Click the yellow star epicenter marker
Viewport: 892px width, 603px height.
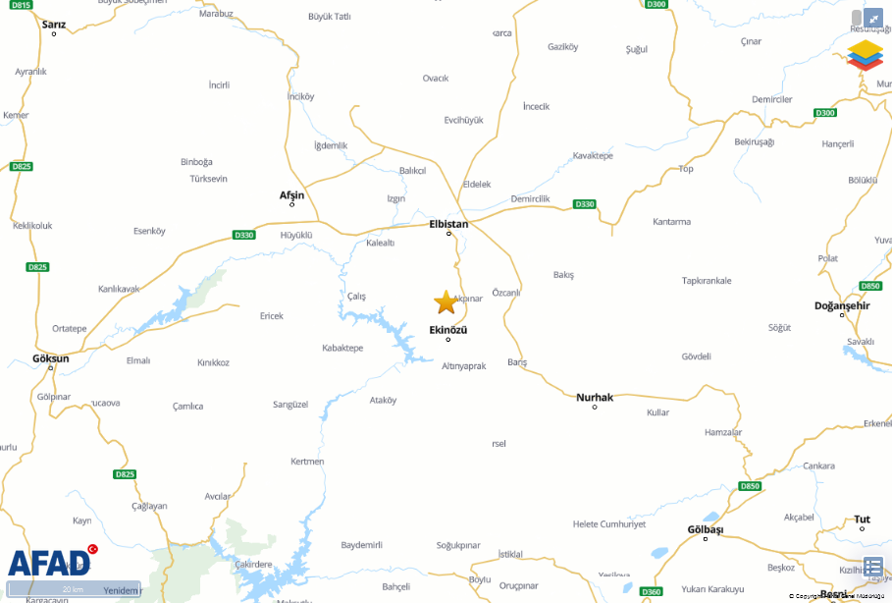click(446, 301)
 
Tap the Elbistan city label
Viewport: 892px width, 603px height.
click(449, 224)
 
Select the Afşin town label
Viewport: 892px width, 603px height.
click(291, 194)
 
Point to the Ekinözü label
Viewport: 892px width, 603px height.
click(448, 329)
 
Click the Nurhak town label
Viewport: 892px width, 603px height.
click(595, 397)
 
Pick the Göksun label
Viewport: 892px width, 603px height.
click(51, 358)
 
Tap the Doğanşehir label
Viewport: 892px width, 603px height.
click(842, 305)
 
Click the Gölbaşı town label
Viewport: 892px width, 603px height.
click(705, 529)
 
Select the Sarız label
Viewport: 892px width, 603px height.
click(54, 25)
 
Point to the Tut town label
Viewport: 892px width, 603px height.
click(862, 519)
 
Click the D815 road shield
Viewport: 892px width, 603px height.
click(22, 5)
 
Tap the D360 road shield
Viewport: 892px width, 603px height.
click(651, 591)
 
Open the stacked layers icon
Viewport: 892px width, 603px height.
click(865, 54)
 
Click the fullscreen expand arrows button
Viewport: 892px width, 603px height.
click(872, 18)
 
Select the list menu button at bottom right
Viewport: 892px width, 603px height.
click(873, 567)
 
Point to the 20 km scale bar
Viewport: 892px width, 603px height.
click(74, 589)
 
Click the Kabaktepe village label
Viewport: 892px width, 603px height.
click(342, 348)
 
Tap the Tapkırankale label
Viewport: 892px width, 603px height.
click(707, 281)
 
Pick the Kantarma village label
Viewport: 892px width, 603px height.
click(672, 222)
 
